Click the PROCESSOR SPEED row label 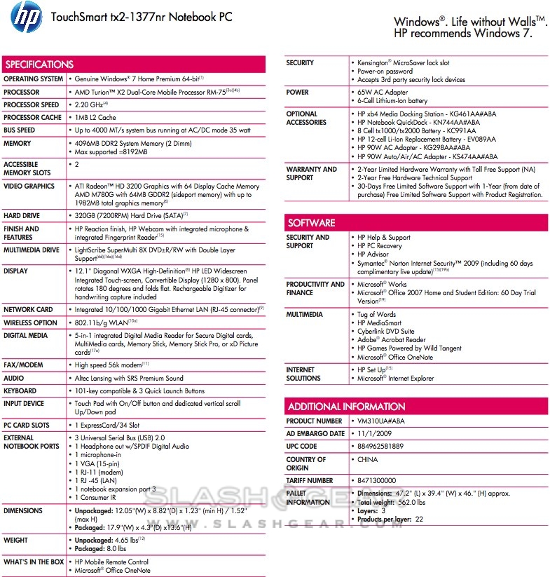pyautogui.click(x=32, y=105)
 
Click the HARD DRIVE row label pyautogui.click(x=22, y=216)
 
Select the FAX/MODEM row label pyautogui.click(x=23, y=365)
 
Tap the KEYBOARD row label pyautogui.click(x=20, y=391)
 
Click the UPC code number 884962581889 pyautogui.click(x=381, y=447)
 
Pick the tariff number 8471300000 pyautogui.click(x=377, y=480)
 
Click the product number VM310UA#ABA pyautogui.click(x=383, y=421)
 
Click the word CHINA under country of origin pyautogui.click(x=367, y=460)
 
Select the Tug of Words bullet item pyautogui.click(x=376, y=315)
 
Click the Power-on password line pyautogui.click(x=385, y=72)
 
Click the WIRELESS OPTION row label pyautogui.click(x=30, y=323)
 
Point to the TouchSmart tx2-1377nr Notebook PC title pyautogui.click(x=141, y=16)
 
